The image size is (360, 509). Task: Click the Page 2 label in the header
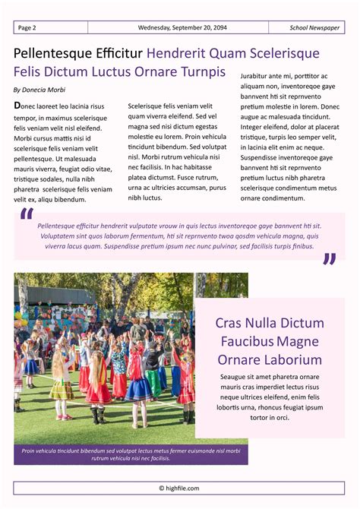pos(27,28)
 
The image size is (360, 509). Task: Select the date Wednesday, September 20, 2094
pos(182,28)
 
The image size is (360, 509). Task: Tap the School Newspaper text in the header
pos(314,28)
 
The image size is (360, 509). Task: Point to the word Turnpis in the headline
pos(201,72)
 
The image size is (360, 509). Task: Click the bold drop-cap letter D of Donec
pos(17,106)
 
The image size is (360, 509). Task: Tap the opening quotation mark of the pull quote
pos(27,217)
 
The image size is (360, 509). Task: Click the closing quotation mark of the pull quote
pos(329,260)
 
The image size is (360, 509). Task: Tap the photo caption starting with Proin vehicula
pos(131,454)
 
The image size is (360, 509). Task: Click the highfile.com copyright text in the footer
pos(179,488)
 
